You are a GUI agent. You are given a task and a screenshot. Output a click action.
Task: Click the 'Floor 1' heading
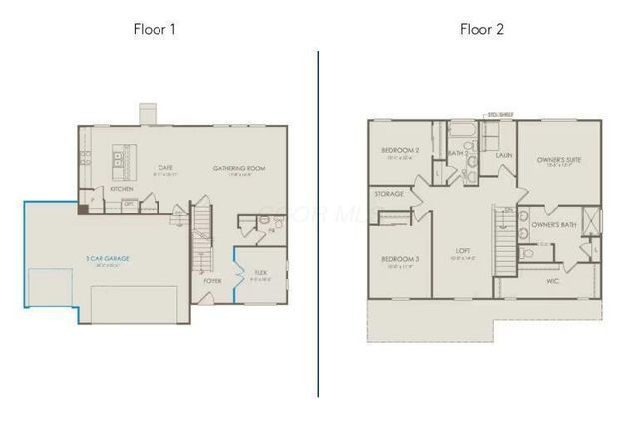click(157, 28)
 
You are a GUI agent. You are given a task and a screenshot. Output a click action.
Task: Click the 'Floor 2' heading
click(481, 28)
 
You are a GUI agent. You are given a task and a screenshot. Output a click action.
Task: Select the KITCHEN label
click(122, 188)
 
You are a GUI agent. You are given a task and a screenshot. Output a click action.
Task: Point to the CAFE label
click(166, 167)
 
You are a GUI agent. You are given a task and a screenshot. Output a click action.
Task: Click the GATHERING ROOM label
click(238, 167)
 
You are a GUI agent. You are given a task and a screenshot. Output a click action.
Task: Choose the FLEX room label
click(261, 271)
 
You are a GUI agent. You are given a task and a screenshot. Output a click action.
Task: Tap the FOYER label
click(212, 281)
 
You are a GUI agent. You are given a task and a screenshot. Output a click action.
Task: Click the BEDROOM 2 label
click(400, 150)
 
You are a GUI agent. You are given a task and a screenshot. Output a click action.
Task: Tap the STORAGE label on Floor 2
click(388, 194)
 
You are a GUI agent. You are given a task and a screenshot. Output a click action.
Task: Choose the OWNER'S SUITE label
click(558, 159)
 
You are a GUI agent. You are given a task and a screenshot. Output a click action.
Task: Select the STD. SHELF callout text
click(498, 115)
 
